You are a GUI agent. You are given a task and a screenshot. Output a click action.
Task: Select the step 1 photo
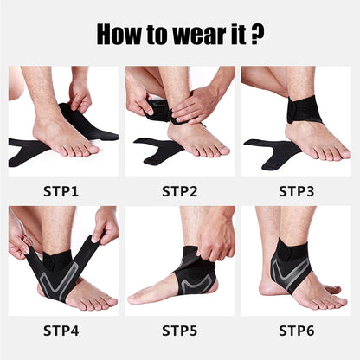pyautogui.click(x=63, y=121)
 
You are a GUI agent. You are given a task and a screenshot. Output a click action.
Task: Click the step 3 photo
pyautogui.click(x=297, y=121)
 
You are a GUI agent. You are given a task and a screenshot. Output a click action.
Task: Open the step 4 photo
pyautogui.click(x=63, y=260)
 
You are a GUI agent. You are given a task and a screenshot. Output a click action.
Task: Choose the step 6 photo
pyautogui.click(x=297, y=260)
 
